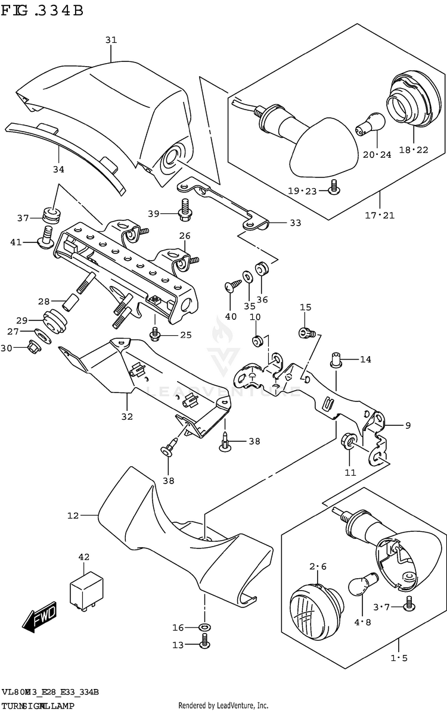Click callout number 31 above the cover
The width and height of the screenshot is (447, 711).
tap(111, 40)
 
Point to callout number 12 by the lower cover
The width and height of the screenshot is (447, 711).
tap(73, 516)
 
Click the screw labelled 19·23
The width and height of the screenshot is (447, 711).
tap(335, 188)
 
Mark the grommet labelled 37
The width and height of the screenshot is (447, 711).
tap(51, 215)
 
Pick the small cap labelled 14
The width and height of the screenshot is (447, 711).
tap(334, 359)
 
